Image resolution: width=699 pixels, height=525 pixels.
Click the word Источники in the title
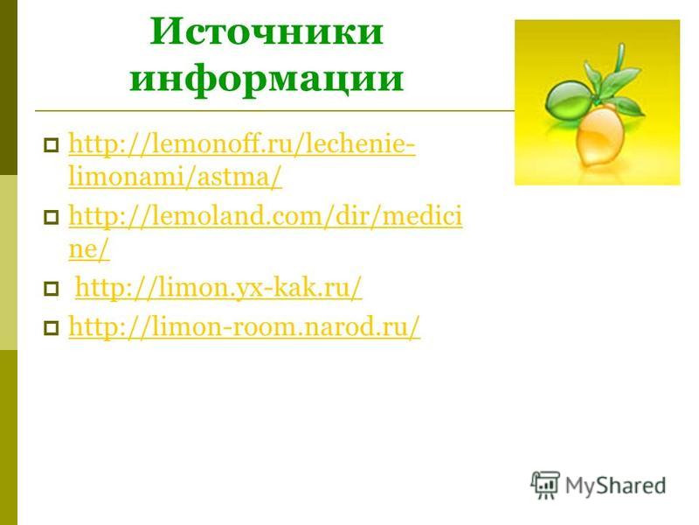[x=266, y=31]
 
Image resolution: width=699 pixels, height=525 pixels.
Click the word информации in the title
[x=266, y=79]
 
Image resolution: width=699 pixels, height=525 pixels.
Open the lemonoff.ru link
[x=242, y=161]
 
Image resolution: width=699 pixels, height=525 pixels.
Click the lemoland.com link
[x=266, y=232]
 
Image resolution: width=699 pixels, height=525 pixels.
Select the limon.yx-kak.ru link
[x=218, y=288]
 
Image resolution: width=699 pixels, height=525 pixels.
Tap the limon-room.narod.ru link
[x=245, y=327]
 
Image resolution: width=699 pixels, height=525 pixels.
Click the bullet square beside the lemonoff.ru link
[x=52, y=145]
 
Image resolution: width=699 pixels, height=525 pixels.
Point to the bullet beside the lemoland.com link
[x=52, y=217]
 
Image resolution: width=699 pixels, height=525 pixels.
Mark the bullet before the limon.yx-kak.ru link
[x=52, y=289]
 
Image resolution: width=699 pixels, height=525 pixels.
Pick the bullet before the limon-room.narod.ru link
[x=52, y=329]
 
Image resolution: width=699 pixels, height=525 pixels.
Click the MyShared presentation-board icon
[x=545, y=486]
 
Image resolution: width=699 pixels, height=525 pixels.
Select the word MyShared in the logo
[x=616, y=486]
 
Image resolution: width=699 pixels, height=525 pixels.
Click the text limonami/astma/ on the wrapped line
[x=176, y=178]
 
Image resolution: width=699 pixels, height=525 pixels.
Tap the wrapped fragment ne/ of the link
[x=89, y=249]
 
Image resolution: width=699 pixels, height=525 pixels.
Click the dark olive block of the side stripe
[x=9, y=87]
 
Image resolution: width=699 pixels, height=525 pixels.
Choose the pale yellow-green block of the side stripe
[x=9, y=262]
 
